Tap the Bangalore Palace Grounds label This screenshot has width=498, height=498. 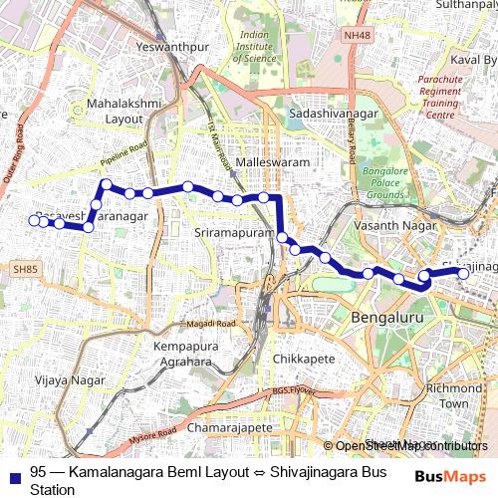click(x=389, y=184)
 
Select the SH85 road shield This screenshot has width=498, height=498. click(x=24, y=269)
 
